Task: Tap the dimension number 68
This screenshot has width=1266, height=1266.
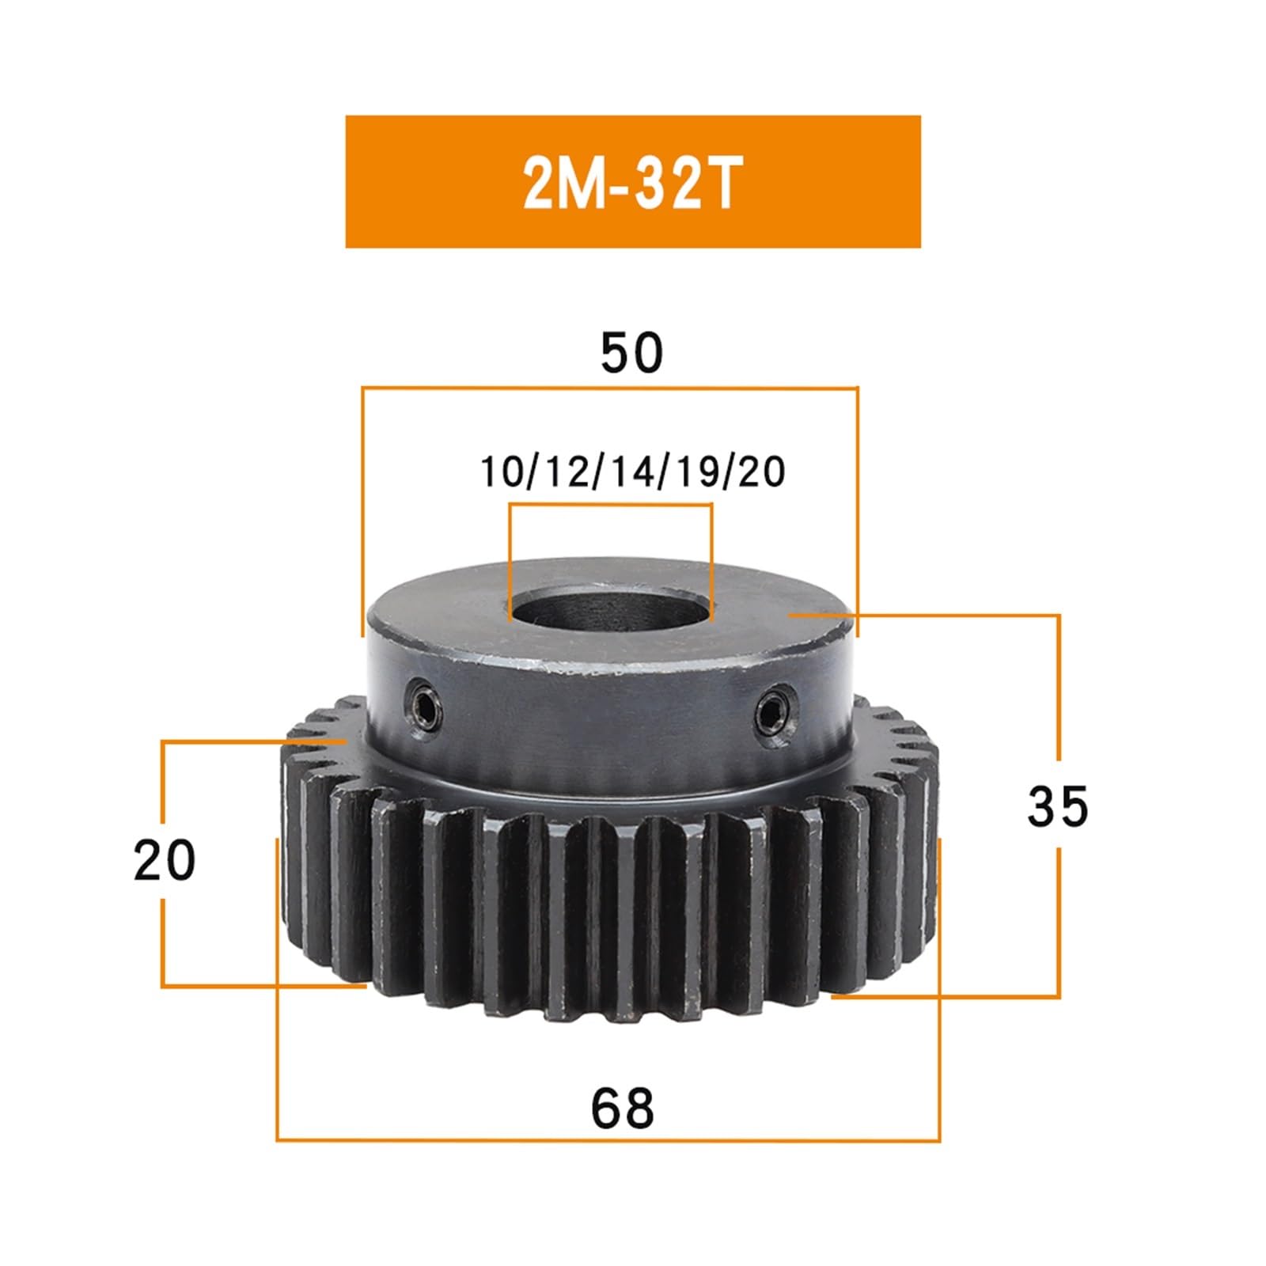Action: (623, 1109)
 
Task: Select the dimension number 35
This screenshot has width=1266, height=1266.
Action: (1058, 806)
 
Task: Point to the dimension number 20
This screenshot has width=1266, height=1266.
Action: (165, 860)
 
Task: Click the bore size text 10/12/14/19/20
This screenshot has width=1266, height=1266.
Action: (632, 472)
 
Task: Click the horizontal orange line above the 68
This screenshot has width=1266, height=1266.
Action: (608, 1140)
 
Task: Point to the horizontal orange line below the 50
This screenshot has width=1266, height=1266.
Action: (609, 388)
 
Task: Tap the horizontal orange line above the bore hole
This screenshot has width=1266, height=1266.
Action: (611, 504)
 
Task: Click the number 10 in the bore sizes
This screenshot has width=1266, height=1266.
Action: (498, 472)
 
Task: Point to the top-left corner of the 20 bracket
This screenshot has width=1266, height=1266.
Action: (162, 741)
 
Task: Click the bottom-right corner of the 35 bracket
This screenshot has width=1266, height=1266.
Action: (1059, 997)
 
